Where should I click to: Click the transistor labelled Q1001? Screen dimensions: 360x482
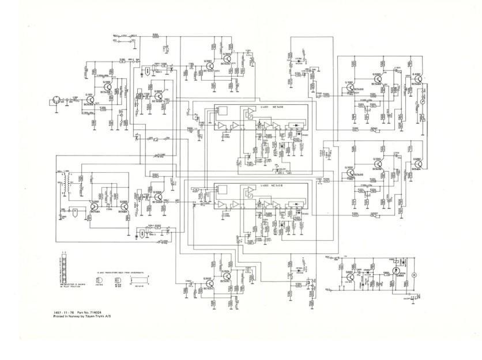tap(90, 100)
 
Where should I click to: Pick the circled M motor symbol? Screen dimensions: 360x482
tap(413, 275)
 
